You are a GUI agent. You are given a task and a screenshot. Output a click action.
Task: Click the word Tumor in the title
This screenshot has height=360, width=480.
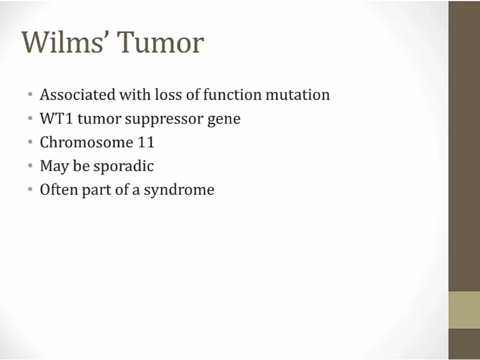point(161,42)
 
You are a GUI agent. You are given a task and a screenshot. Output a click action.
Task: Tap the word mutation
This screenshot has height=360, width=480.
point(298,94)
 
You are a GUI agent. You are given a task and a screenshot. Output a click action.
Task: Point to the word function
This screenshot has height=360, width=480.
point(233,94)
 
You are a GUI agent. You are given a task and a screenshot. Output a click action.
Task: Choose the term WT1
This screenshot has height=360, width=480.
point(57,118)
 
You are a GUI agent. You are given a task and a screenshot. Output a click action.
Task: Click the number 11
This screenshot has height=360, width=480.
point(146,142)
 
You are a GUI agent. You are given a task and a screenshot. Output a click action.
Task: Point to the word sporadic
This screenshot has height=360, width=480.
point(124,167)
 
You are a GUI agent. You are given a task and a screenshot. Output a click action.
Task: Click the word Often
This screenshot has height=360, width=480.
point(59,189)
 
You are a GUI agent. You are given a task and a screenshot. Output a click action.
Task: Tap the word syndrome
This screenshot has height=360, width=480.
point(179,190)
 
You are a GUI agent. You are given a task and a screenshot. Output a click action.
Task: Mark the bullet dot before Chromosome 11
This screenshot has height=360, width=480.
point(30,142)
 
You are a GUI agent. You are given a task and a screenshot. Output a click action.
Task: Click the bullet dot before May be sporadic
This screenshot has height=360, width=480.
point(30,166)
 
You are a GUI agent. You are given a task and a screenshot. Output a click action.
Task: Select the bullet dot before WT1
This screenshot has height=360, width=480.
point(30,118)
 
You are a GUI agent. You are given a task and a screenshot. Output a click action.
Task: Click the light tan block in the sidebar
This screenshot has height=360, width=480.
point(464,310)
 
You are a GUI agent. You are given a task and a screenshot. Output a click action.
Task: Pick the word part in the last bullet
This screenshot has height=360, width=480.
point(97,190)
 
